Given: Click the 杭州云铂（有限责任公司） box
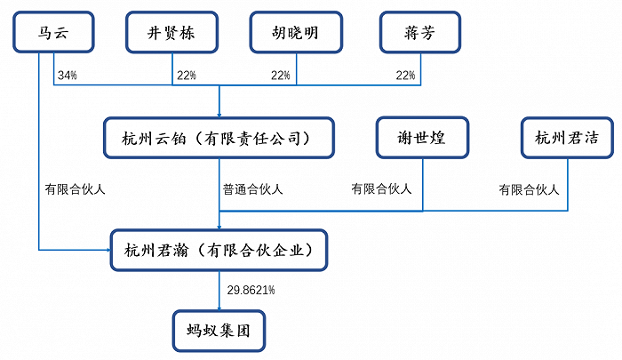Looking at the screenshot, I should (219, 138).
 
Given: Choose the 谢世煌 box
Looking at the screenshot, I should (421, 138).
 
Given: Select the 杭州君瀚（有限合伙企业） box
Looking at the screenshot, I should (219, 249).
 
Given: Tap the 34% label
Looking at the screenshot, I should (67, 76).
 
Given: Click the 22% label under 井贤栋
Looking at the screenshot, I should (186, 76).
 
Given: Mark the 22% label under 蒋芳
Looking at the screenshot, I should (406, 76).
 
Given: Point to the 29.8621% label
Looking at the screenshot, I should (251, 290).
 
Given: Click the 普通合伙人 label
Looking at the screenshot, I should (253, 188).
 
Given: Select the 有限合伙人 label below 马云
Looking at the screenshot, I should (76, 188).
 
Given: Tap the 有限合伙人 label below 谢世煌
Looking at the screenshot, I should (381, 188).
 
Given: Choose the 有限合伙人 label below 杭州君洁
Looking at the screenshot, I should (529, 188).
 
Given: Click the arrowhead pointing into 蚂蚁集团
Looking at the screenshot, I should (219, 304).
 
